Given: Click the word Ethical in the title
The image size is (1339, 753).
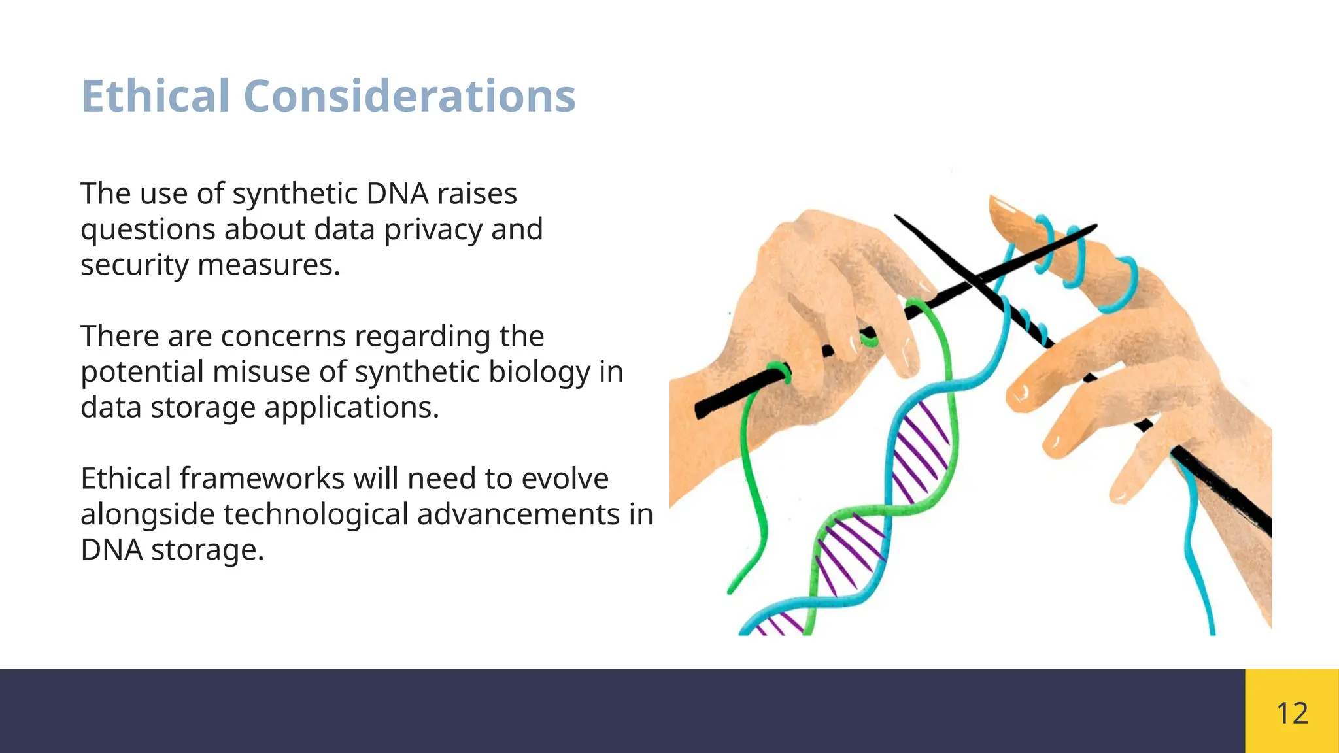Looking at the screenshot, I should (x=155, y=96).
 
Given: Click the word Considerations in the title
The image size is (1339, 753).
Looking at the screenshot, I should (x=409, y=96).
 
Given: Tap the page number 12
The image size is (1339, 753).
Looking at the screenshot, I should (x=1292, y=712).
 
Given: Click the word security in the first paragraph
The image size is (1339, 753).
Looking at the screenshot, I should (x=135, y=265).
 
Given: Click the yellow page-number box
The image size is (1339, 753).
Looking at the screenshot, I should (x=1292, y=711).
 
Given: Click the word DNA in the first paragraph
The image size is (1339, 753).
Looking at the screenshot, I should (x=397, y=194).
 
